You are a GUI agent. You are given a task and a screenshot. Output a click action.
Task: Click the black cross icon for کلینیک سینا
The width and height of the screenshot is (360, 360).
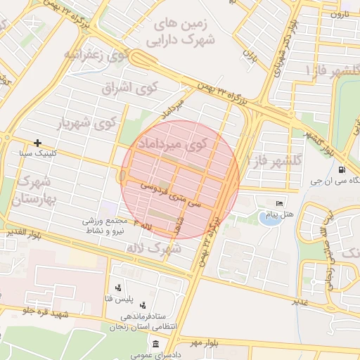tap(37, 143)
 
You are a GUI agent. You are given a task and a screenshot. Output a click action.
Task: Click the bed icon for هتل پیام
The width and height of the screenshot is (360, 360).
tap(280, 203)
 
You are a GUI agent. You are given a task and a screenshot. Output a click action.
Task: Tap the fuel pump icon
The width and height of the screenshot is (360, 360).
tap(342, 169)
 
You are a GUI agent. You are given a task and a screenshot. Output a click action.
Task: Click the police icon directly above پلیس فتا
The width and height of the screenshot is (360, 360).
tap(118, 287)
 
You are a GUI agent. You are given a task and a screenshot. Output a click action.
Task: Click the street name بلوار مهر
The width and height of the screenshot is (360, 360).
tap(204, 342)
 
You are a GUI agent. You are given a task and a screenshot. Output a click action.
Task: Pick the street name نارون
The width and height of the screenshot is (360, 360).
tap(340, 14)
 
